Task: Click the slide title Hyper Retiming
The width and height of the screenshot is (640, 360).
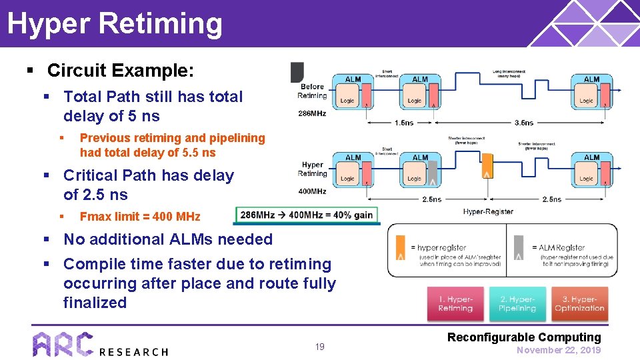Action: tap(115, 23)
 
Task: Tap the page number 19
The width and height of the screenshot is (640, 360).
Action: tap(320, 347)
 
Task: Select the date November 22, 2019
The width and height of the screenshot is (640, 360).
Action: tap(559, 350)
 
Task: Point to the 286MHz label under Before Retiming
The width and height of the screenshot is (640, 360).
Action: tap(312, 113)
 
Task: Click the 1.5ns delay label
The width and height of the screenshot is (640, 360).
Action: tap(403, 123)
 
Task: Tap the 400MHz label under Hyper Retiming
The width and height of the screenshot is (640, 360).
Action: tap(312, 191)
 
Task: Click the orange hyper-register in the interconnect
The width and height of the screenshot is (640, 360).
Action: tap(488, 170)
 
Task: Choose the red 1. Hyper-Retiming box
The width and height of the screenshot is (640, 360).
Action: tap(455, 304)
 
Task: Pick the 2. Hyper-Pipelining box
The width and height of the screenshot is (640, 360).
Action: tap(517, 304)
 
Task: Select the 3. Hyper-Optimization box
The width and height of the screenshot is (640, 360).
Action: tap(579, 304)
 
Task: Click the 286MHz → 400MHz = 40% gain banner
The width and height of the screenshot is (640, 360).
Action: tap(307, 215)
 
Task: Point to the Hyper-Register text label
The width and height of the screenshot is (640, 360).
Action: tap(488, 212)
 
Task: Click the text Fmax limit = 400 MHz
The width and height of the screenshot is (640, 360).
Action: tap(139, 216)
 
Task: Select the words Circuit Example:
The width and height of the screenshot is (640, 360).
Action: tap(121, 70)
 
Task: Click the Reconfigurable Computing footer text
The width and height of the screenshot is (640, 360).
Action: tap(524, 337)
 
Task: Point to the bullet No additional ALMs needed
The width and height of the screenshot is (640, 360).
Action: tap(168, 239)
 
